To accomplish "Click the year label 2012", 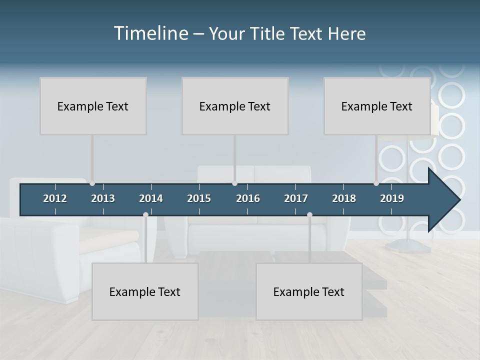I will point(55,198).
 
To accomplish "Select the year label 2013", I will point(103,198).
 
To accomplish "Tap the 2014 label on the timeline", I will point(151,198).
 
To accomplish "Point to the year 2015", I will point(199,198).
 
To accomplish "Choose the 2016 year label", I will point(248,198).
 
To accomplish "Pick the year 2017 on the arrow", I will point(296,198).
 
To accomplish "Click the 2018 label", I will point(344,198).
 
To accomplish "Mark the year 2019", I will point(392,198).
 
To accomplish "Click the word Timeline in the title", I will point(150,33).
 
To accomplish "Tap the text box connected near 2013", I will point(93,106).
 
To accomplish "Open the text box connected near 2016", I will point(235,106).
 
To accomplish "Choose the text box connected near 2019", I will point(377,106).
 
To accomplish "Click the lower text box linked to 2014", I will point(145,291).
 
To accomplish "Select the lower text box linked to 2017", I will point(309,291).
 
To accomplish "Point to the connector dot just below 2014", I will point(145,214).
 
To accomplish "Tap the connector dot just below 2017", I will point(309,214).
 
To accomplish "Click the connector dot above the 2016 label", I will point(234,183).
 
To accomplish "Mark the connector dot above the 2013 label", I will point(92,183).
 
